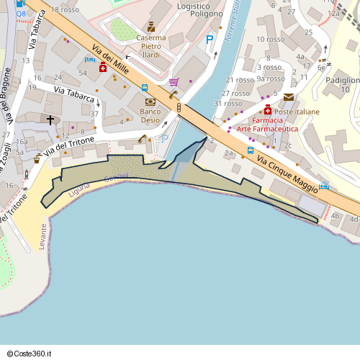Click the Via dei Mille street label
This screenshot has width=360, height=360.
pyautogui.click(x=109, y=58)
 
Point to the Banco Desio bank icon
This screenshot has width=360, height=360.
pyautogui.click(x=150, y=102)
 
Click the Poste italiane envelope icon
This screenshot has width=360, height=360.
pyautogui.click(x=289, y=97)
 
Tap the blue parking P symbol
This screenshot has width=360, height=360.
pyautogui.click(x=210, y=40)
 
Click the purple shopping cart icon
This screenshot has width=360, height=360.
pyautogui.click(x=174, y=82)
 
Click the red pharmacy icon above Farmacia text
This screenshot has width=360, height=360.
pyautogui.click(x=268, y=110)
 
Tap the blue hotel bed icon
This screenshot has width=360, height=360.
pyautogui.click(x=325, y=186)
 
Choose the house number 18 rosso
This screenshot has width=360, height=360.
pyautogui.click(x=65, y=9)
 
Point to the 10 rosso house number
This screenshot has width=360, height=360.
pyautogui.click(x=275, y=39)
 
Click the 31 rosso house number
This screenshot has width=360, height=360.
pyautogui.click(x=228, y=104)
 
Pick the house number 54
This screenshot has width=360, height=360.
pyautogui.click(x=83, y=73)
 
